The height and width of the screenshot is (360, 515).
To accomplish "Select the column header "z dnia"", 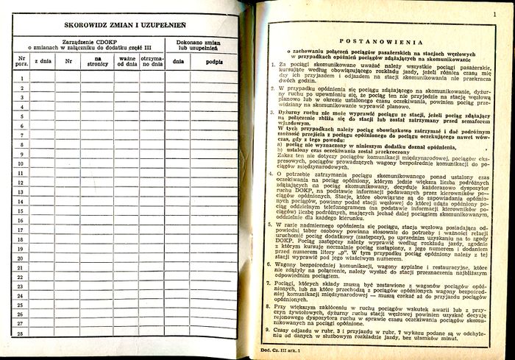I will click(43, 63).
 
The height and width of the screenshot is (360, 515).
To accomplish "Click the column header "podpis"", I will click(216, 63).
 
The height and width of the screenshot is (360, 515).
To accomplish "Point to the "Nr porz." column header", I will click(22, 63).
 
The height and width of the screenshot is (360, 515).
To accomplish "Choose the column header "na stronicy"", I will click(99, 62).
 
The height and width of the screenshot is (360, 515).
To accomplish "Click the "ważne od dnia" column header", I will click(128, 62).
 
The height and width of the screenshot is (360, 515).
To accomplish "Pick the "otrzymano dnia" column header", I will click(152, 62).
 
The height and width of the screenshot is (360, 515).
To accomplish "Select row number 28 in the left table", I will click(22, 333).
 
